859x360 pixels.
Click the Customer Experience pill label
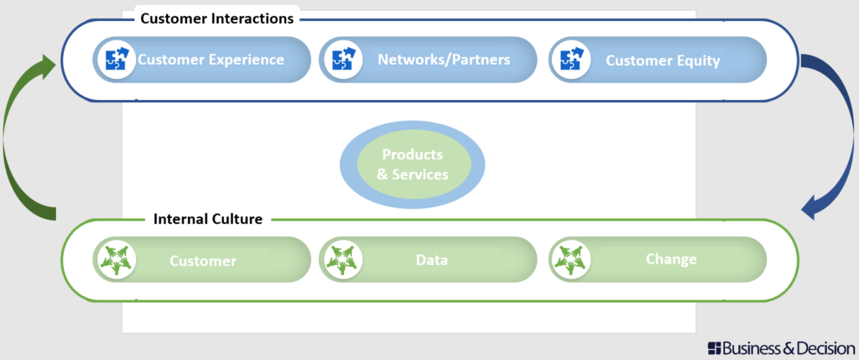(x=211, y=60)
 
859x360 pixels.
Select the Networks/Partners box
(x=444, y=60)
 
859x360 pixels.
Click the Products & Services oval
(x=412, y=164)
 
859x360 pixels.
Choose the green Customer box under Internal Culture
(x=203, y=260)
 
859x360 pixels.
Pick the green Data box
(x=431, y=260)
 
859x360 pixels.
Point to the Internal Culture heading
(x=208, y=219)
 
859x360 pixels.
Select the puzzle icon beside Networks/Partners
(x=341, y=60)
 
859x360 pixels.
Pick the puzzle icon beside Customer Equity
(x=570, y=60)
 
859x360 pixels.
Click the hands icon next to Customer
(x=113, y=260)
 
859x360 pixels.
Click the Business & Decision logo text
(x=788, y=347)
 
